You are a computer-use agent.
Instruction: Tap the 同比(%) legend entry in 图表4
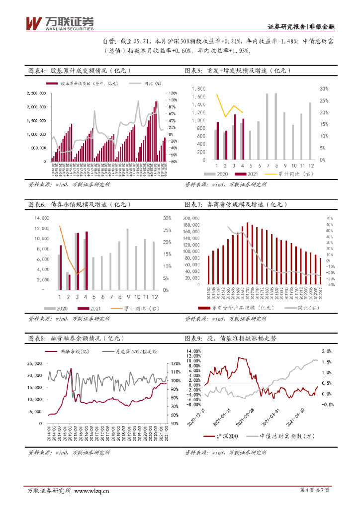click(x=145, y=84)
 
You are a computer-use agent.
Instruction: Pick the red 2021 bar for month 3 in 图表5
click(x=235, y=137)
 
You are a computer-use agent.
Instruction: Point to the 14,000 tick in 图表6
click(x=42, y=218)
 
